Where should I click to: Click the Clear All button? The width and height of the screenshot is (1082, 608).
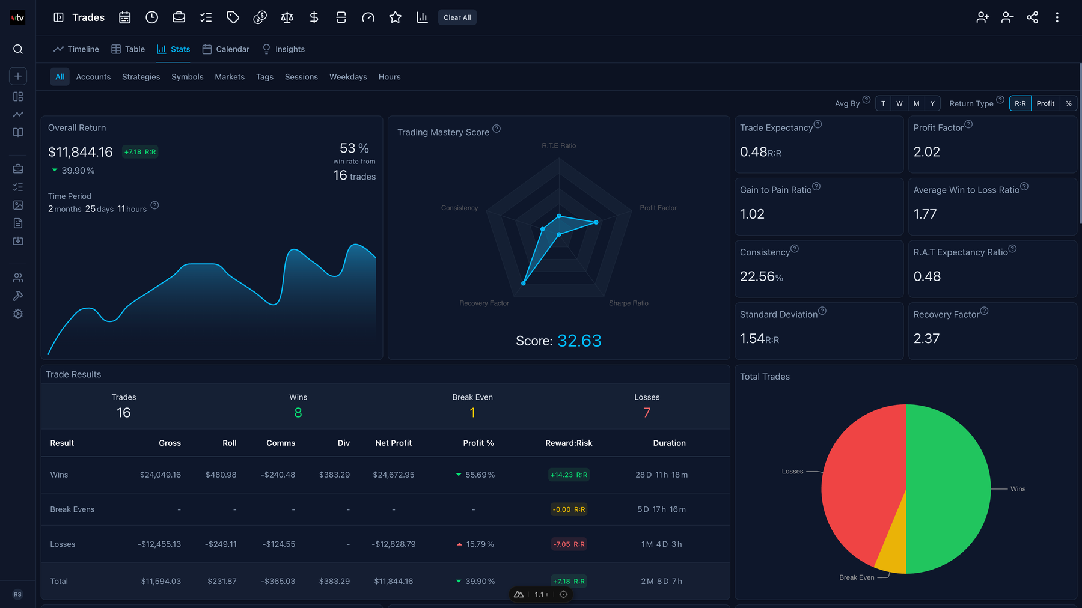click(x=457, y=17)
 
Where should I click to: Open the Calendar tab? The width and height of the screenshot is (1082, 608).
click(x=226, y=49)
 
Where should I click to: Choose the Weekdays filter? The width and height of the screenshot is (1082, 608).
click(x=348, y=77)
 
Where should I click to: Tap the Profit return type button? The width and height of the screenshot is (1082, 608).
click(x=1045, y=103)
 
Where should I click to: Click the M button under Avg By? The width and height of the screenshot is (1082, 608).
click(x=916, y=103)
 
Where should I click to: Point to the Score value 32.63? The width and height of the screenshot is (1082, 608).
click(x=579, y=341)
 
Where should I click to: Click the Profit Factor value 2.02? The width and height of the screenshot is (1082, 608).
click(x=926, y=152)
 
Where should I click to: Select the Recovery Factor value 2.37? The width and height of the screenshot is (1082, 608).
click(x=926, y=339)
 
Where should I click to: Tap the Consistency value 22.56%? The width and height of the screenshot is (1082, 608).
click(x=761, y=276)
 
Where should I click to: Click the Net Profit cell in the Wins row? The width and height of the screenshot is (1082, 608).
click(x=393, y=475)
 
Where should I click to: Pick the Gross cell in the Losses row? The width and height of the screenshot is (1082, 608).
click(x=159, y=544)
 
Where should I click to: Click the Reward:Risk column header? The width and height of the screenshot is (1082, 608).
click(x=569, y=443)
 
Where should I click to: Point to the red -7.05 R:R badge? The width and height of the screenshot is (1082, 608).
click(x=569, y=544)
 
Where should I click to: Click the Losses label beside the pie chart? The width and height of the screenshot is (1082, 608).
click(x=792, y=472)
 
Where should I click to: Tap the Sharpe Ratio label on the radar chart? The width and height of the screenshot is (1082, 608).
click(x=628, y=303)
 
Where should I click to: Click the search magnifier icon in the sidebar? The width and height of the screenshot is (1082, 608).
click(x=18, y=49)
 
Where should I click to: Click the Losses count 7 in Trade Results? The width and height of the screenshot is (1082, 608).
click(x=647, y=413)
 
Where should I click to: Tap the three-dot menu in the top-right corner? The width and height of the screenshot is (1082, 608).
click(x=1057, y=17)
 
